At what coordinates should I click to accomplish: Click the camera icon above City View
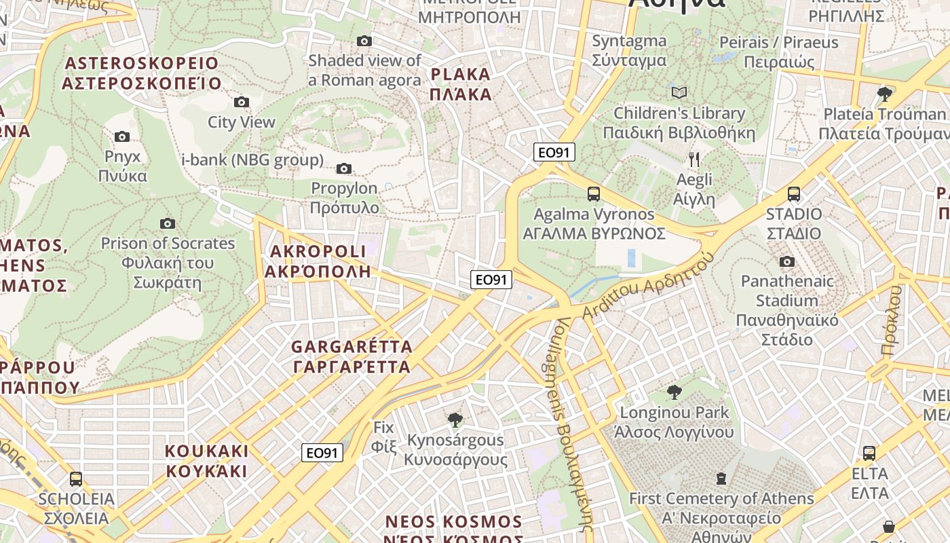pyautogui.click(x=241, y=102)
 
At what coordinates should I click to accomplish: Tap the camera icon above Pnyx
pyautogui.click(x=122, y=137)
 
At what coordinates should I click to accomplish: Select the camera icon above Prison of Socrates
pyautogui.click(x=167, y=224)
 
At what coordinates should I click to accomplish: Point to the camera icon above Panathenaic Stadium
pyautogui.click(x=786, y=262)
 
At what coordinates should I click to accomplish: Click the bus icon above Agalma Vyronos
pyautogui.click(x=594, y=194)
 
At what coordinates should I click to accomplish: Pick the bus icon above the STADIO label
pyautogui.click(x=793, y=194)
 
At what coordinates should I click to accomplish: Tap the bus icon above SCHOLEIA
pyautogui.click(x=76, y=479)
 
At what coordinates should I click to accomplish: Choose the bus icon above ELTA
pyautogui.click(x=869, y=453)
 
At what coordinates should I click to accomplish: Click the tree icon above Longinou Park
pyautogui.click(x=674, y=392)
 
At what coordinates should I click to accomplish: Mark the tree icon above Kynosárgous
pyautogui.click(x=455, y=420)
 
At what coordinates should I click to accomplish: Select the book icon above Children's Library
pyautogui.click(x=679, y=92)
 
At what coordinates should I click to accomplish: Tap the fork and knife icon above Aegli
pyautogui.click(x=693, y=160)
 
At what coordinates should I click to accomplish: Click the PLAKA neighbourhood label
pyautogui.click(x=461, y=84)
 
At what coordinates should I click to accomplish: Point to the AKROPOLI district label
pyautogui.click(x=318, y=261)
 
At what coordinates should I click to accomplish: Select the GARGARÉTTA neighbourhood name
pyautogui.click(x=351, y=357)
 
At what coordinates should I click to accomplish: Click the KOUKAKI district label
pyautogui.click(x=206, y=461)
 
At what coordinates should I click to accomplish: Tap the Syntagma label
pyautogui.click(x=629, y=51)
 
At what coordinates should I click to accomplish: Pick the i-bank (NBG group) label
pyautogui.click(x=252, y=160)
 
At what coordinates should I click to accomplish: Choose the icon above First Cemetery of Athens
pyautogui.click(x=721, y=479)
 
